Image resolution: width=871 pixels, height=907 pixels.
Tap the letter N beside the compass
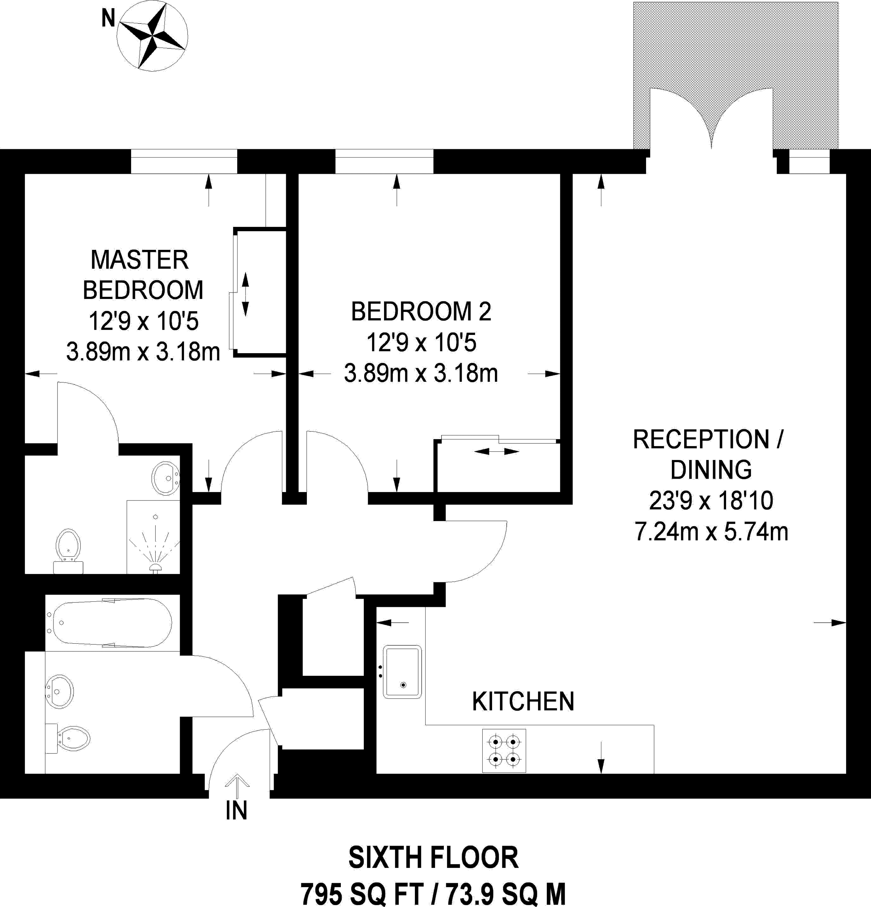tap(108, 19)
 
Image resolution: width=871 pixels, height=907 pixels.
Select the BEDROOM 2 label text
tap(421, 312)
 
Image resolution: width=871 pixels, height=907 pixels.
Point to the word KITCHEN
tap(523, 702)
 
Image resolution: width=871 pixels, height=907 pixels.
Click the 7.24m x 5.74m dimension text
tap(711, 532)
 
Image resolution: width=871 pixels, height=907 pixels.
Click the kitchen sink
tap(402, 672)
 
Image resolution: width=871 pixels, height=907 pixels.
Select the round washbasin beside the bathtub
tap(59, 691)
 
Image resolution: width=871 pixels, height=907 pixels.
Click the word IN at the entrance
tap(236, 810)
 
